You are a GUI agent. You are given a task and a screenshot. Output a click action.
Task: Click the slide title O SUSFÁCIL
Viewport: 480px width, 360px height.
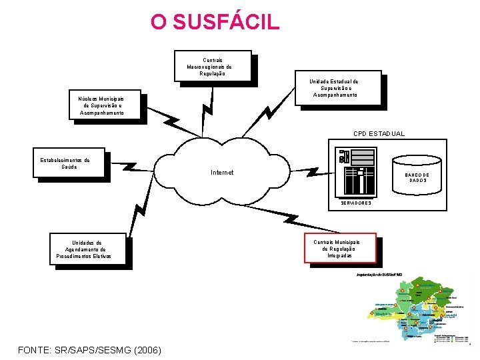(215, 21)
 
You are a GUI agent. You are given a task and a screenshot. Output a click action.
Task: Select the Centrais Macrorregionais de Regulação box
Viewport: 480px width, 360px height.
(213, 66)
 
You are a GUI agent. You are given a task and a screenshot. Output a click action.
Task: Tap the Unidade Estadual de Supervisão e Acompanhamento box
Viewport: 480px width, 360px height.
(338, 88)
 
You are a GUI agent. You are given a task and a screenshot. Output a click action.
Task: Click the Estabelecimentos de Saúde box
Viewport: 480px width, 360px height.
(69, 163)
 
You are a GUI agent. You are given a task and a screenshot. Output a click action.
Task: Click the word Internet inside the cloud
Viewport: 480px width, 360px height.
(222, 173)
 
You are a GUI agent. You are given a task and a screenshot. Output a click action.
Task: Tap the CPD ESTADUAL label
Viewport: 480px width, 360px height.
(379, 134)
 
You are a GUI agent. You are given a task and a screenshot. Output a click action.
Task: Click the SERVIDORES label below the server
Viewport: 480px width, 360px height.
(356, 203)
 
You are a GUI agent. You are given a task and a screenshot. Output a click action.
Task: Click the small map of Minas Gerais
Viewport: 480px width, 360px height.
(412, 309)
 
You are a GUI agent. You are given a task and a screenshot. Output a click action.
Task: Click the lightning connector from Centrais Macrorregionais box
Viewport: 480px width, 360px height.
(211, 107)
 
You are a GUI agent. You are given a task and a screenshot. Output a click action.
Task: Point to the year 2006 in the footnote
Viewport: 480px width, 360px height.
(145, 349)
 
